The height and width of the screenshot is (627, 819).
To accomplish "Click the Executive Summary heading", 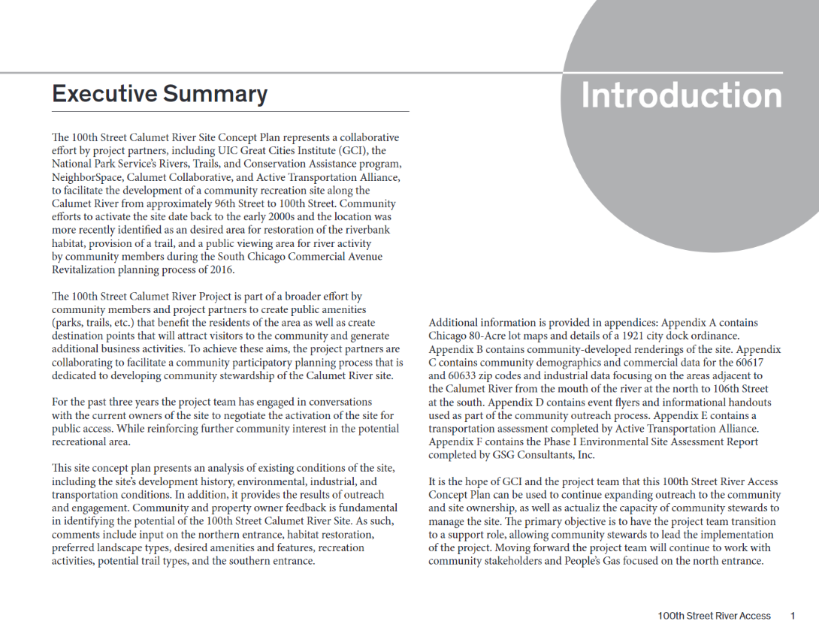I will [x=159, y=94].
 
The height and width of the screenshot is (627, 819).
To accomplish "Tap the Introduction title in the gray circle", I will [x=681, y=95].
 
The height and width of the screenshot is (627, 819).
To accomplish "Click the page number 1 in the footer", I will [x=792, y=616].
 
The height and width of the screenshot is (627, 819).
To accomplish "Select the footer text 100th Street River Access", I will [x=714, y=616].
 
